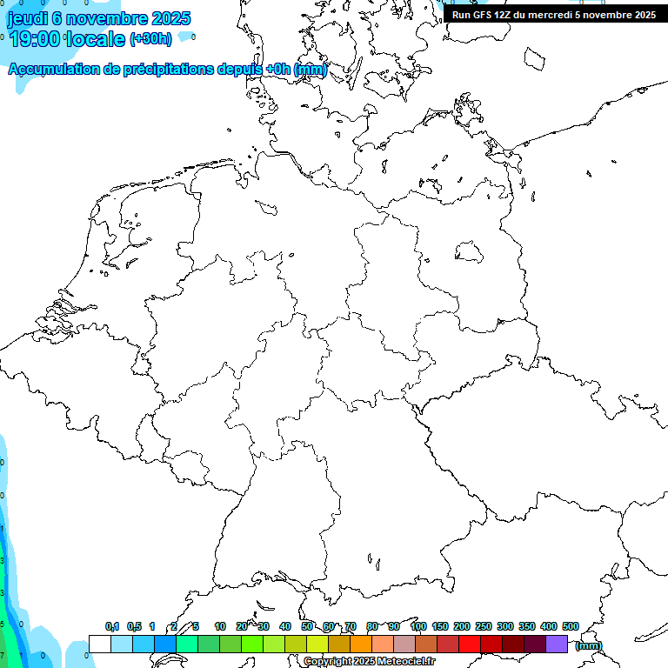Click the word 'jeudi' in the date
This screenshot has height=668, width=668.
click(26, 18)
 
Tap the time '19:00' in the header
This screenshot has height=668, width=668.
click(34, 38)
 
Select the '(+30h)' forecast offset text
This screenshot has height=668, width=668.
click(150, 39)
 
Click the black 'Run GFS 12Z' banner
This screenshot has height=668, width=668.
click(553, 15)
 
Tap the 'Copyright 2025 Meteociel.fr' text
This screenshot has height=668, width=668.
click(370, 662)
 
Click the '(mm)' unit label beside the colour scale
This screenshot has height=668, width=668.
click(589, 645)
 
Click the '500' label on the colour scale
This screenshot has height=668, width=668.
click(571, 626)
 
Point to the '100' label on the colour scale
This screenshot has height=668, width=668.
click(417, 626)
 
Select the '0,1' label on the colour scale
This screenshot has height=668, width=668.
click(112, 626)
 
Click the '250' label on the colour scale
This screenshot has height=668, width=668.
click(484, 626)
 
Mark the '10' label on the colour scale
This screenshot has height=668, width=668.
click(220, 626)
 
